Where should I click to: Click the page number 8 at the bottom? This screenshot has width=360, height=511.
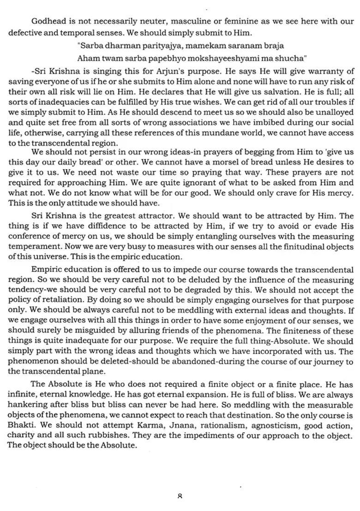180,497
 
